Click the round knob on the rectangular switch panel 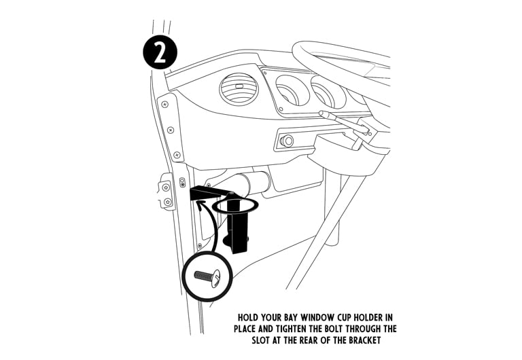pyautogui.click(x=286, y=141)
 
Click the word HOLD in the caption pyautogui.click(x=250, y=317)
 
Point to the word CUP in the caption pyautogui.click(x=353, y=317)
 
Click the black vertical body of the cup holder pyautogui.click(x=237, y=231)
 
